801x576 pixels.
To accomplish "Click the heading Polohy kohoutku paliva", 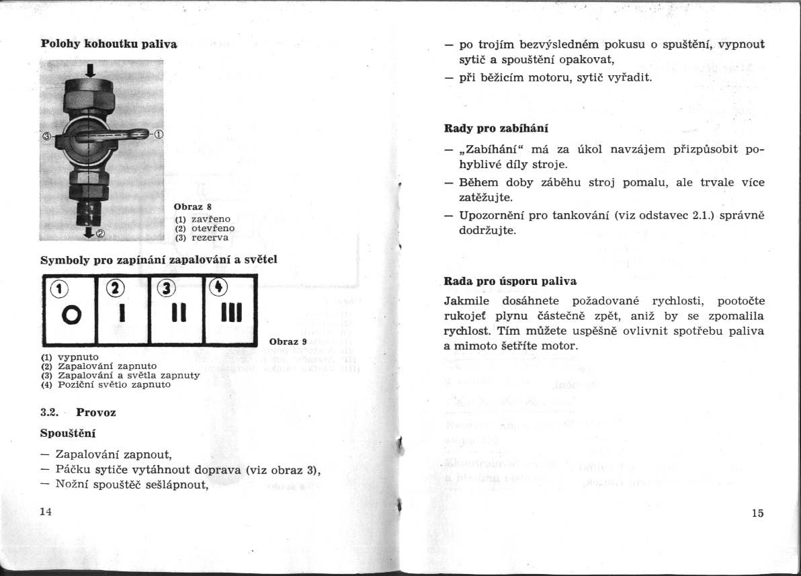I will coord(109,44).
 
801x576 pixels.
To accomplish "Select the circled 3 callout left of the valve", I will coord(46,136).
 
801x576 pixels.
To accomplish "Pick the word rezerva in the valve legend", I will coord(210,237).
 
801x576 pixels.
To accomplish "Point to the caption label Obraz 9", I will coord(288,341).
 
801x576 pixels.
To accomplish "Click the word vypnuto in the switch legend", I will coord(79,356).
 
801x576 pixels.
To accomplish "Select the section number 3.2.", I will coord(50,412).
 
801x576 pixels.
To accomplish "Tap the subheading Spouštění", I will coord(69,434).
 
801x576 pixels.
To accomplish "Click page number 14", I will coord(46,511).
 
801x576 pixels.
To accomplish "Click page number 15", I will coord(757,513).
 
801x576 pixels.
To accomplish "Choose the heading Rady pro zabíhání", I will coord(491,127).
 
